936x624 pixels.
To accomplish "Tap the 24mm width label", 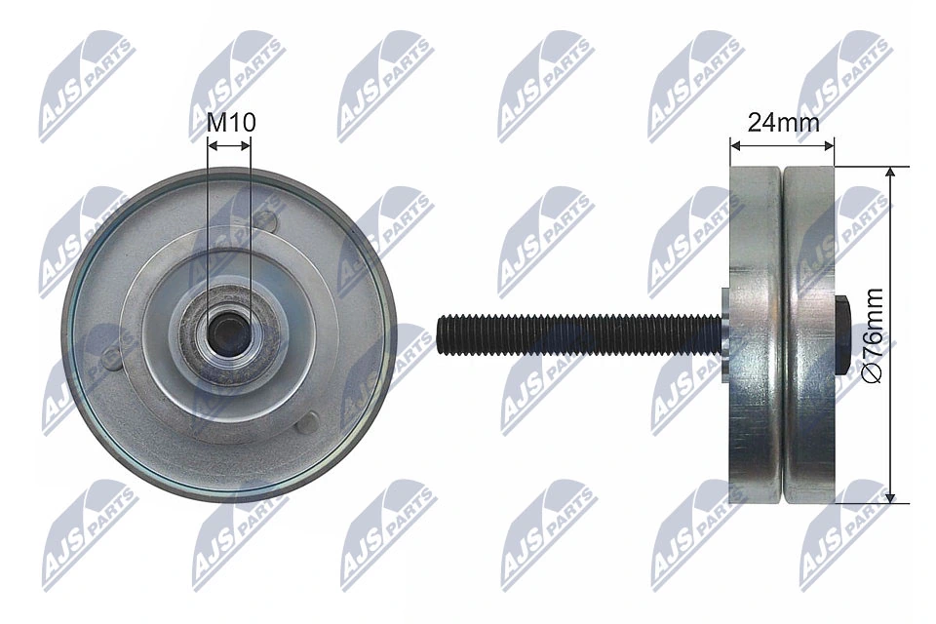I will pyautogui.click(x=782, y=122).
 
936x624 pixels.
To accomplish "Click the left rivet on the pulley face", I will pyautogui.click(x=113, y=357).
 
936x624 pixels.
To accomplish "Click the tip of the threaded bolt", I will pyautogui.click(x=442, y=333).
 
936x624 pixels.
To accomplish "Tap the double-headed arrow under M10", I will pyautogui.click(x=229, y=144).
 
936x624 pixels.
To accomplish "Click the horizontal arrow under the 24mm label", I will pyautogui.click(x=782, y=145).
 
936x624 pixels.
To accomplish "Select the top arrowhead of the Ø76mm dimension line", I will pyautogui.click(x=889, y=172).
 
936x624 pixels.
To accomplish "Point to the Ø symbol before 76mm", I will pyautogui.click(x=873, y=375).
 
